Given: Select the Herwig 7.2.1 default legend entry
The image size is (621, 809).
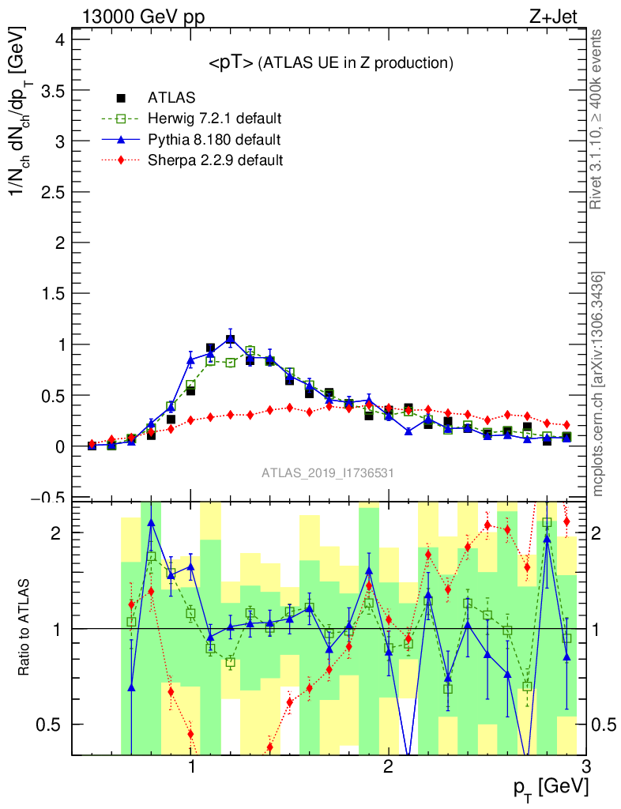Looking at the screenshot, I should [214, 119].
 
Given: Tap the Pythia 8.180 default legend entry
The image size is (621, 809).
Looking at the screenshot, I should [213, 140].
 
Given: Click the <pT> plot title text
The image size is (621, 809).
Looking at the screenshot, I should [330, 63].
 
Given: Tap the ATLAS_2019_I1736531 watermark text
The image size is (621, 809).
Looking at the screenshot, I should [328, 473].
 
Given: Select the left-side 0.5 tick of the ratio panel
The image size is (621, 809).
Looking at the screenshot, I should [52, 724].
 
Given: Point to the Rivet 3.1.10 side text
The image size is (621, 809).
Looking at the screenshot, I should [598, 119].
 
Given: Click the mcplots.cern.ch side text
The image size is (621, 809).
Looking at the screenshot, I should [598, 383].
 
